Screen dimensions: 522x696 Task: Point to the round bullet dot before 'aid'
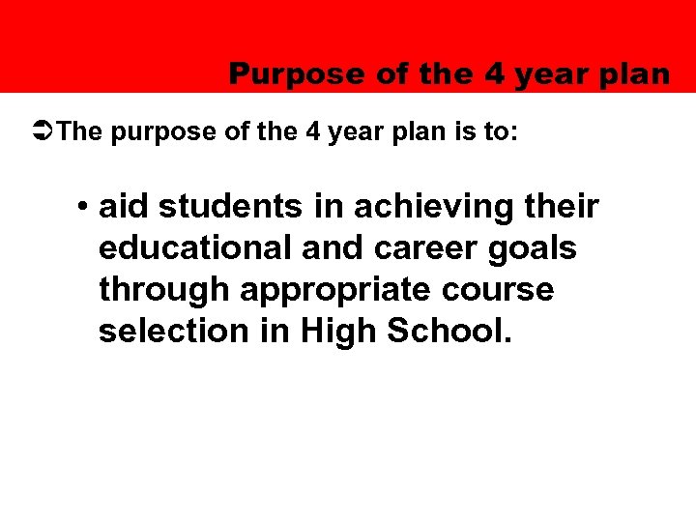tap(85, 207)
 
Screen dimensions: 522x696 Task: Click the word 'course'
tap(511, 290)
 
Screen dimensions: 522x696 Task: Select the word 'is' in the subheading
tap(462, 131)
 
